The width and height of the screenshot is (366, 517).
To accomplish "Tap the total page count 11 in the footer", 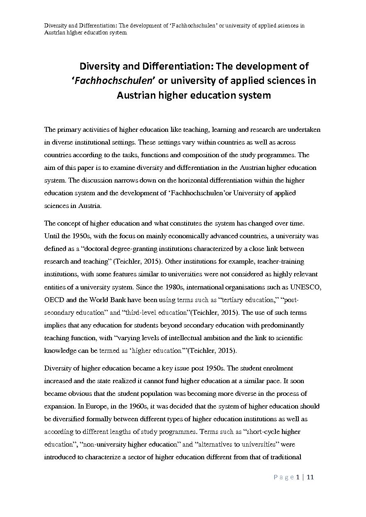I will [310, 477].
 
